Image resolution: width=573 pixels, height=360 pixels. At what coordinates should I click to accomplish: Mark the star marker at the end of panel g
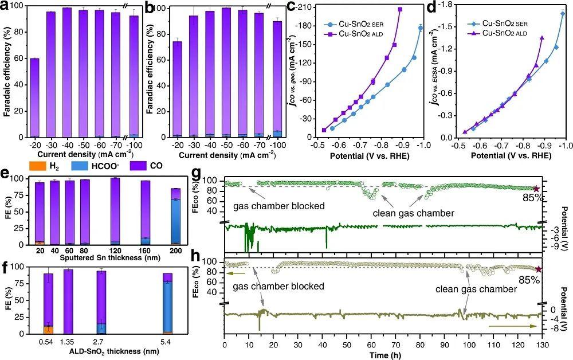(x=536, y=189)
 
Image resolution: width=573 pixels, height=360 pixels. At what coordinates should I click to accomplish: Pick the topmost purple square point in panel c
(x=400, y=9)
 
